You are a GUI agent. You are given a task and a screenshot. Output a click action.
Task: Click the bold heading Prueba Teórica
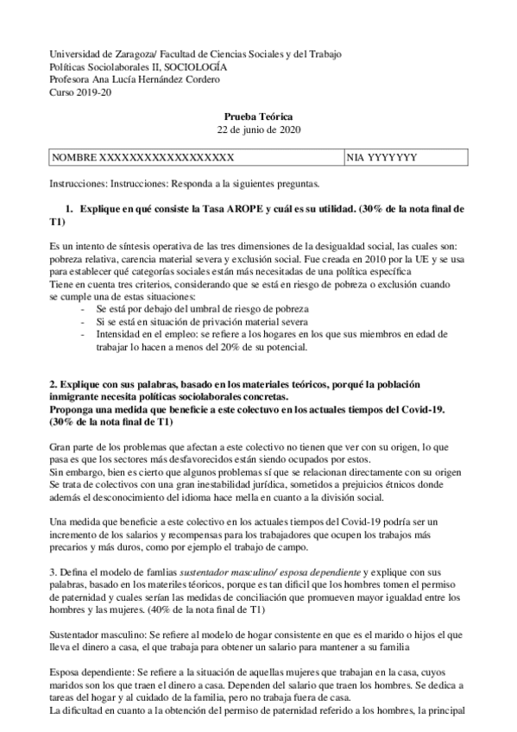[x=258, y=117]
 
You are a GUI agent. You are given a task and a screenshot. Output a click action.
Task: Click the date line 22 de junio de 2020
[x=258, y=129]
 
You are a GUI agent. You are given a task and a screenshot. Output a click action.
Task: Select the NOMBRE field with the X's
[x=143, y=158]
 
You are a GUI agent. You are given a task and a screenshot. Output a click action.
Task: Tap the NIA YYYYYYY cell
[x=381, y=158]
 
